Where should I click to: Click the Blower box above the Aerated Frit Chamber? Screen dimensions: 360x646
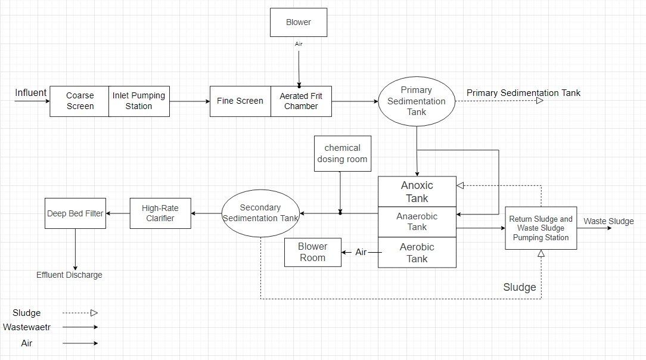(299, 23)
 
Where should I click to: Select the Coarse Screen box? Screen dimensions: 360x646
(80, 101)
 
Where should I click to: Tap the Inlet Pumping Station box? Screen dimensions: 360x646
(139, 101)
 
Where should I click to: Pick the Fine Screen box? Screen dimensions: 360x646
(240, 101)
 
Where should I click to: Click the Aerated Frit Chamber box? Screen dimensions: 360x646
(301, 101)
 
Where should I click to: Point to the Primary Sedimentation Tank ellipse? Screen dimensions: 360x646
(417, 101)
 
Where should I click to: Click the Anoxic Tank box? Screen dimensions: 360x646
(417, 192)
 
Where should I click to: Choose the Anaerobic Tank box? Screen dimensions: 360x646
(417, 222)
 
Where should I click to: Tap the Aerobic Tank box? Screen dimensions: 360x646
(417, 253)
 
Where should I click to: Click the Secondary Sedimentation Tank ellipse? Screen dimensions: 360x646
(260, 213)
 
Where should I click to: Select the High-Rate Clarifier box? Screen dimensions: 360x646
(160, 213)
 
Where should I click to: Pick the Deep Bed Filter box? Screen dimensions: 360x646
(75, 213)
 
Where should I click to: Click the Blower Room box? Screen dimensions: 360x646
(313, 252)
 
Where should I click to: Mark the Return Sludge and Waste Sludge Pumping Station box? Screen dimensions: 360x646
(541, 228)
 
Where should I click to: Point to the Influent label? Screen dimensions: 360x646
(30, 93)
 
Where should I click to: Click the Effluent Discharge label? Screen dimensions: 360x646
(69, 275)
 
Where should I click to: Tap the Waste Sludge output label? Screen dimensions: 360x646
(608, 222)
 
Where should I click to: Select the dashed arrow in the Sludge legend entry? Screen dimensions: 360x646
(80, 313)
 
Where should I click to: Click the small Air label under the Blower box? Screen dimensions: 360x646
(299, 44)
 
